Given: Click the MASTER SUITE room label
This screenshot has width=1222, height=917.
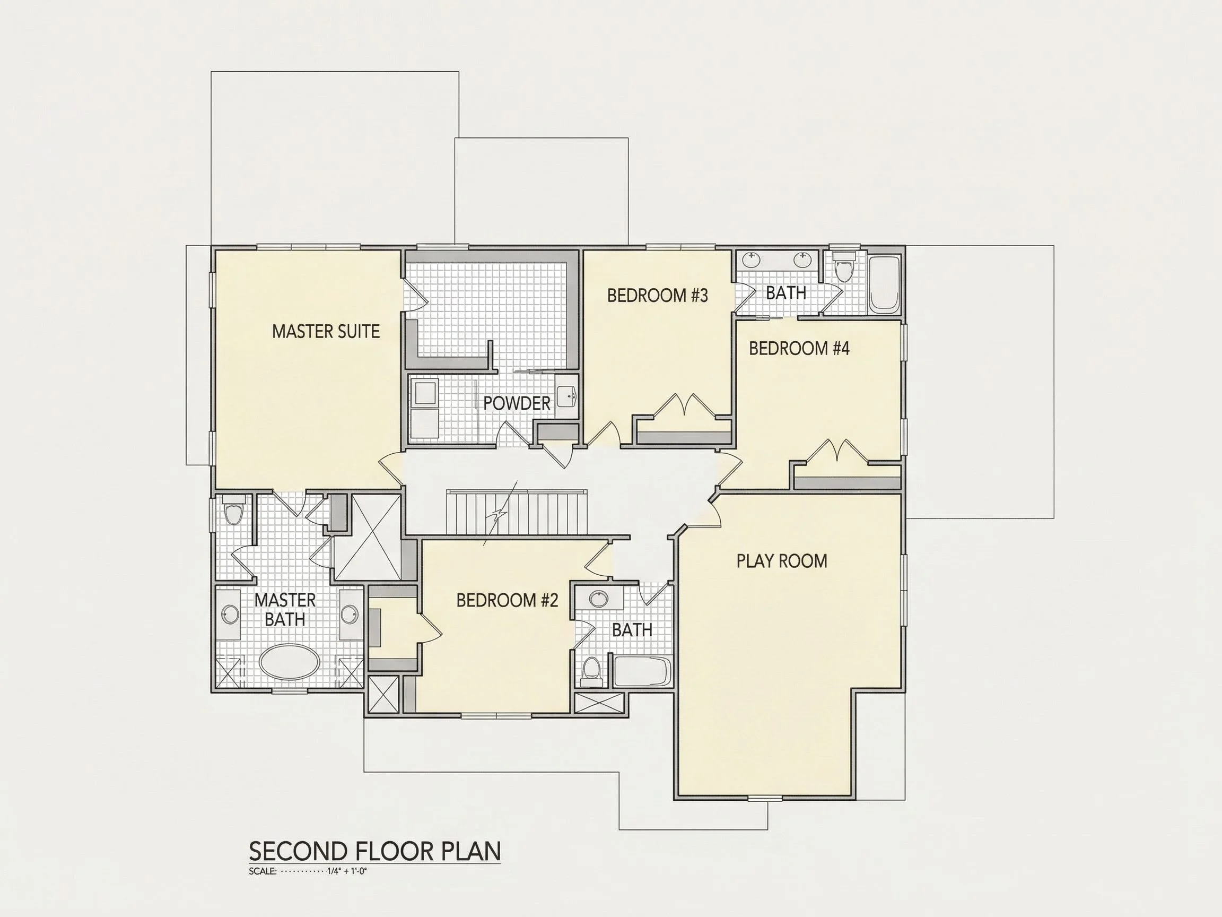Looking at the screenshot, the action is [x=326, y=332].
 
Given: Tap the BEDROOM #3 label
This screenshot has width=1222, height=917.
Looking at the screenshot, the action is [x=657, y=296].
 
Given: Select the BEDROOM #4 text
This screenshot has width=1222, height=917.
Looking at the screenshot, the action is [x=799, y=348].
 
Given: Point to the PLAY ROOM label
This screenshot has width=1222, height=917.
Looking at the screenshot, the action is [x=782, y=561].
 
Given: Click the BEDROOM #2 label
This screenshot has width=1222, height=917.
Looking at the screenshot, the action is [x=507, y=600].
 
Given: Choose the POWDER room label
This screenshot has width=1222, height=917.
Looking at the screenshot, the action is [x=517, y=403].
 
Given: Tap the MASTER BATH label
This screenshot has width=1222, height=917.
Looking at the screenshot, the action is [x=285, y=610].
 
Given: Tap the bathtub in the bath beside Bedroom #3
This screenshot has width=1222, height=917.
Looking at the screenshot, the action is [x=884, y=284].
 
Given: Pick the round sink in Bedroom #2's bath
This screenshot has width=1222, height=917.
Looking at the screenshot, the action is [x=599, y=599].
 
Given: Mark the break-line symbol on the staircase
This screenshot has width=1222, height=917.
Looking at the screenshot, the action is [x=500, y=514].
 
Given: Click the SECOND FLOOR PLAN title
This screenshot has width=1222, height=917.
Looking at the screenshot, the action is [x=375, y=851].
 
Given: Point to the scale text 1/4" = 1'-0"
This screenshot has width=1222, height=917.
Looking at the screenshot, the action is [x=347, y=872].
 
